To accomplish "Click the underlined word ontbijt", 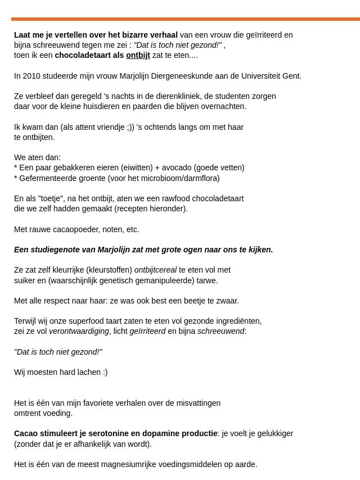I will click(x=138, y=55).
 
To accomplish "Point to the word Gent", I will click(x=291, y=76).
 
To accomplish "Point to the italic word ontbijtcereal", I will click(x=155, y=270).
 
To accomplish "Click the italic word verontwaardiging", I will click(x=79, y=331).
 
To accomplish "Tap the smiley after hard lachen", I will click(x=104, y=372).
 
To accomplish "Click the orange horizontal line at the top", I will click(x=186, y=19).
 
